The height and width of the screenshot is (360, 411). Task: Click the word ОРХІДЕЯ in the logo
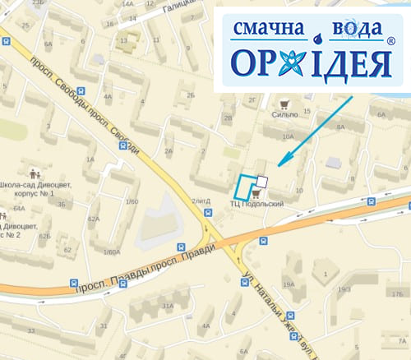(311, 62)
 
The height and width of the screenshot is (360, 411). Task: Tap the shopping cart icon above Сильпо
(284, 104)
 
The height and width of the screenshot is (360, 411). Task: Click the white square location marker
(261, 181)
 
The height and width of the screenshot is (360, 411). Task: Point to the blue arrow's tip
(279, 165)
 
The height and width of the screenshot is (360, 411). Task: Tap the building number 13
(123, 39)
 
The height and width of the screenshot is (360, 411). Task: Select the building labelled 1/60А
(111, 252)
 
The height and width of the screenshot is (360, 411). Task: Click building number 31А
(168, 306)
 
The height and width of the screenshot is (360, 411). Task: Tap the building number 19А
(289, 284)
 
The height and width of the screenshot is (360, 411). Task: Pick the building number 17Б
(397, 293)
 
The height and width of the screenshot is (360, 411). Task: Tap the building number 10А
(288, 136)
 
